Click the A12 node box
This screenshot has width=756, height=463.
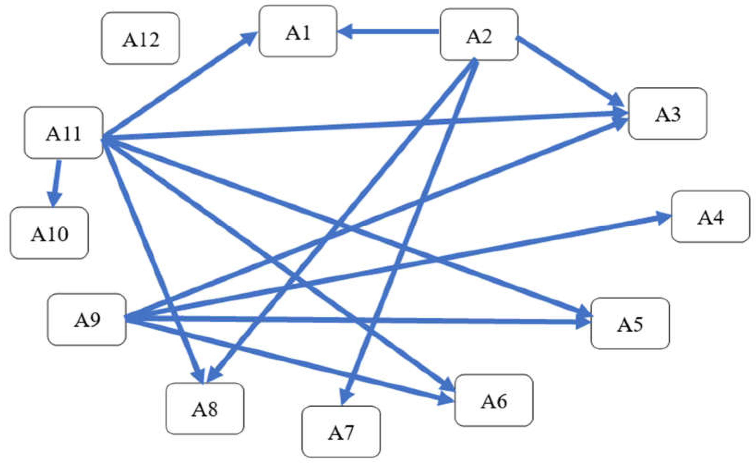pos(141,38)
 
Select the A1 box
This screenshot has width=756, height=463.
pos(298,31)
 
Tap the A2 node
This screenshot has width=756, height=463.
pos(479,35)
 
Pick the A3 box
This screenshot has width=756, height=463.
pos(668,114)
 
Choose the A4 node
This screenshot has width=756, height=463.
pos(711,217)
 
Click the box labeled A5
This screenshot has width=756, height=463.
pos(630,323)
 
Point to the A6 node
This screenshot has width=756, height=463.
pos(494,400)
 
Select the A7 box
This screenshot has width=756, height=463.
pos(341,431)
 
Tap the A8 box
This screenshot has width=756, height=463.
pos(205,408)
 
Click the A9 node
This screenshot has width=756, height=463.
pos(87,319)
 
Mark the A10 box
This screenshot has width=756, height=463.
pos(49,233)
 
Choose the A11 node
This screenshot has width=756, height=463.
pos(64,133)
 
